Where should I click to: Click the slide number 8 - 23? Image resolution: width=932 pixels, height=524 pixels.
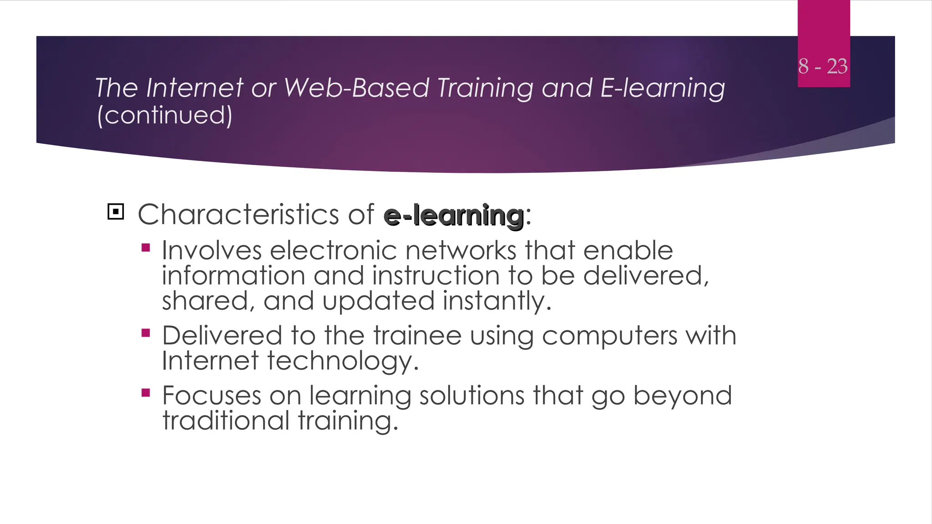tap(823, 66)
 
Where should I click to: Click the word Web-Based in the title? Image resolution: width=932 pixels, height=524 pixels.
tap(356, 88)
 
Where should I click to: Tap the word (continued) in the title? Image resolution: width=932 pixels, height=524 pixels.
tap(165, 115)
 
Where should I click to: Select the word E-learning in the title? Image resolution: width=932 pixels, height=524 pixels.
tap(663, 88)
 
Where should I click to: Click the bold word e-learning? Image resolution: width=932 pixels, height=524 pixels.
tap(454, 216)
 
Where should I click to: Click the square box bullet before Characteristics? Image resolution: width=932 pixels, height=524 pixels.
tap(116, 212)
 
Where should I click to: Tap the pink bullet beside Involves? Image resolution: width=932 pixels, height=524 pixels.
tap(146, 248)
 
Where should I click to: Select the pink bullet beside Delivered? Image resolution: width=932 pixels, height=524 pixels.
tap(146, 333)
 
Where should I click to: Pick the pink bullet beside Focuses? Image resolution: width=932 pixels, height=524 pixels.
tap(146, 393)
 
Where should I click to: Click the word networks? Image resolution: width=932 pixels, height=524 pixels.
tap(461, 251)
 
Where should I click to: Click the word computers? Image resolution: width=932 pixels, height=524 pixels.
tap(609, 337)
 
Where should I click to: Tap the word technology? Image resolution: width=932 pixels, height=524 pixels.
tap(342, 362)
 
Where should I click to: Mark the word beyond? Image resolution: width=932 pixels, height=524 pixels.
tap(682, 396)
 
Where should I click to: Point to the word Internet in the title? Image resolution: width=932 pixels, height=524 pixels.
tap(194, 88)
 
